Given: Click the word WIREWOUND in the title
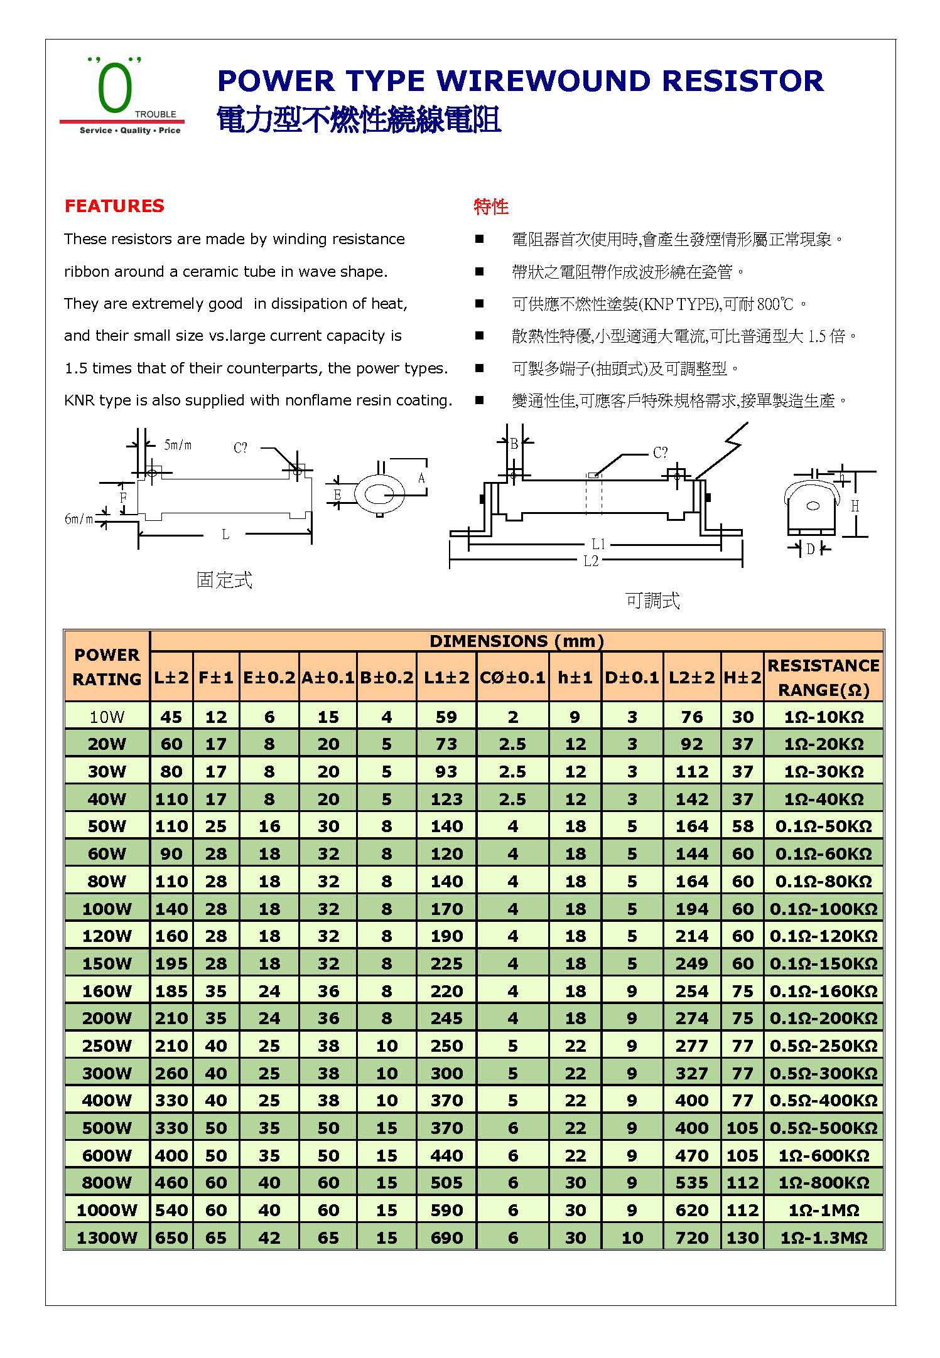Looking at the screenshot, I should click(543, 82).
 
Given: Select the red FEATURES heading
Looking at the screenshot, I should click(114, 206).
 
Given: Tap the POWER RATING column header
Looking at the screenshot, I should click(107, 667).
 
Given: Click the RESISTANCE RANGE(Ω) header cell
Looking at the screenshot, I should click(823, 678).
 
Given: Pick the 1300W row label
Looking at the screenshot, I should click(107, 1238).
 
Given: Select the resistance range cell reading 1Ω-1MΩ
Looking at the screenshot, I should click(823, 1211).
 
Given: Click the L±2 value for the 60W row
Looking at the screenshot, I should click(171, 854).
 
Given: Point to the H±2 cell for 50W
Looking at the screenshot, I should click(742, 826).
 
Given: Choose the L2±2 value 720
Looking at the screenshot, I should click(691, 1238).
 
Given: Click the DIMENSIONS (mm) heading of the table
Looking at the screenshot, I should click(516, 641).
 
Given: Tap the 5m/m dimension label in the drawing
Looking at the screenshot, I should click(178, 446).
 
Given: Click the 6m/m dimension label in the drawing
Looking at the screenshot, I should click(78, 519).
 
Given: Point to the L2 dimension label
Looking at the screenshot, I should click(591, 561).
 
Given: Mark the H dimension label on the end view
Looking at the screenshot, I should click(855, 506).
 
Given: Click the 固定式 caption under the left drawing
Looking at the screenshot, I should click(224, 580).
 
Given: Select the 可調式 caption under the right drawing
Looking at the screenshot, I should click(652, 601).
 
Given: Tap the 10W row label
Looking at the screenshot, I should click(107, 717).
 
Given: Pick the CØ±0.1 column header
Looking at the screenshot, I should click(512, 678).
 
